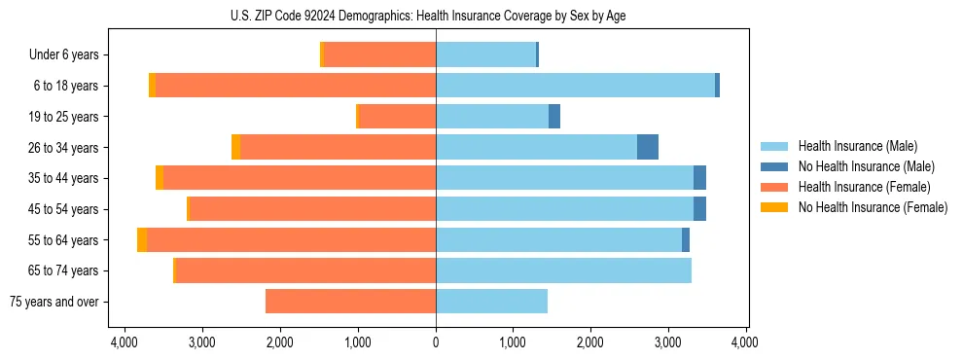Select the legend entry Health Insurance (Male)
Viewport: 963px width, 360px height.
[856, 146]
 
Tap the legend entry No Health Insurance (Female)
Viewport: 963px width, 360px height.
[873, 207]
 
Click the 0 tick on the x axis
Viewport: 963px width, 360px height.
[436, 343]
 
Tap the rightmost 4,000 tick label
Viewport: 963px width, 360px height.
[745, 343]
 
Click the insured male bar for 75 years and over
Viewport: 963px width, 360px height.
[491, 302]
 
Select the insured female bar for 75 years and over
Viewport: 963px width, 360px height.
[350, 302]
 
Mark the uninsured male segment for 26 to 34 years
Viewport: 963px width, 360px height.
[648, 147]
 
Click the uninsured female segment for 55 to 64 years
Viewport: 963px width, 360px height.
[142, 240]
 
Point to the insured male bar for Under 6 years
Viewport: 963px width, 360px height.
[485, 55]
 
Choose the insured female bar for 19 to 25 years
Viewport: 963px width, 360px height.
[397, 117]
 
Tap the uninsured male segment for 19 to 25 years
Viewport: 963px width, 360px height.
[554, 117]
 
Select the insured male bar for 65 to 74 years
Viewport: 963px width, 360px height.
[563, 270]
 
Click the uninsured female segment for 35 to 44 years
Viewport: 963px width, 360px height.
[160, 178]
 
